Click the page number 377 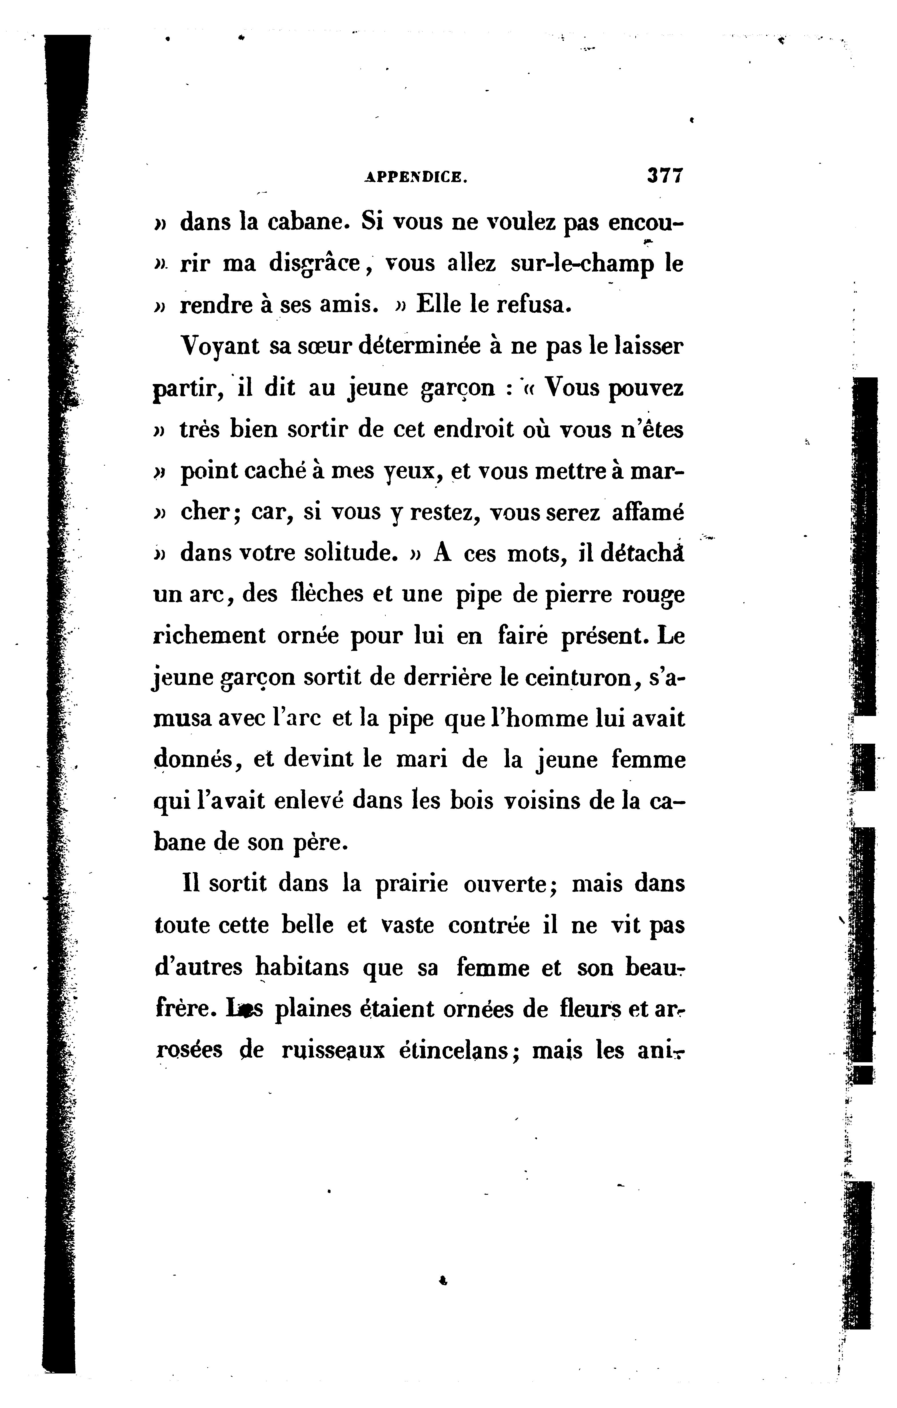tap(665, 175)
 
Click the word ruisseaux tap(332, 1050)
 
